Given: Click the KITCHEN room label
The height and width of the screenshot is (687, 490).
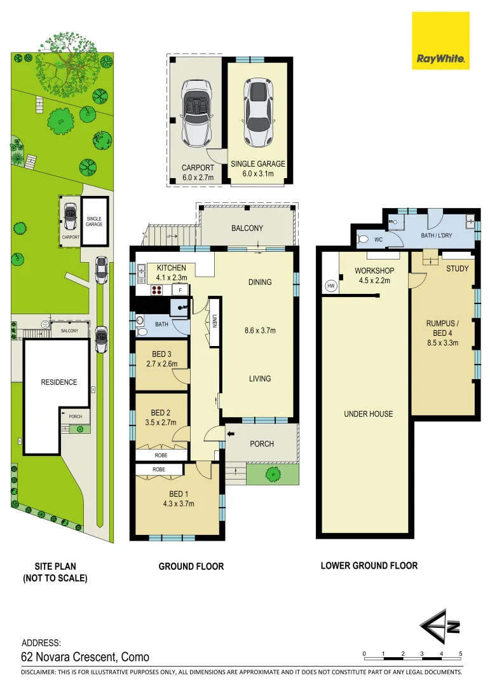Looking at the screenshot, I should [171, 268].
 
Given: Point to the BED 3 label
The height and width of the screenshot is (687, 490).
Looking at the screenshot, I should [161, 354].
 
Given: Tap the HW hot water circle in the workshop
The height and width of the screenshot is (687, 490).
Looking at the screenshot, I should [330, 286].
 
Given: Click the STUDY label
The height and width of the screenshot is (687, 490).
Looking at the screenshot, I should [457, 268].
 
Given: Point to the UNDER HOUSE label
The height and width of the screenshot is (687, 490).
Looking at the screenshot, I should [369, 413].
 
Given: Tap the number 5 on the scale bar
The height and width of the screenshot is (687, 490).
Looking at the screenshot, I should [460, 654].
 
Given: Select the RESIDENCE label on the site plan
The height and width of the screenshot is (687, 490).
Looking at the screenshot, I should [59, 382].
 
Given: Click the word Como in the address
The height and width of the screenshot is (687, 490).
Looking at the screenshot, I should [135, 657].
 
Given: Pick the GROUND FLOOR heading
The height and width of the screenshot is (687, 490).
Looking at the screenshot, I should [191, 566].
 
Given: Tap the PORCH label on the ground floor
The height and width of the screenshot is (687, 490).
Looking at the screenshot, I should [261, 443].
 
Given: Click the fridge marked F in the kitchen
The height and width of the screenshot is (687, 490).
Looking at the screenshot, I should [180, 290].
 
